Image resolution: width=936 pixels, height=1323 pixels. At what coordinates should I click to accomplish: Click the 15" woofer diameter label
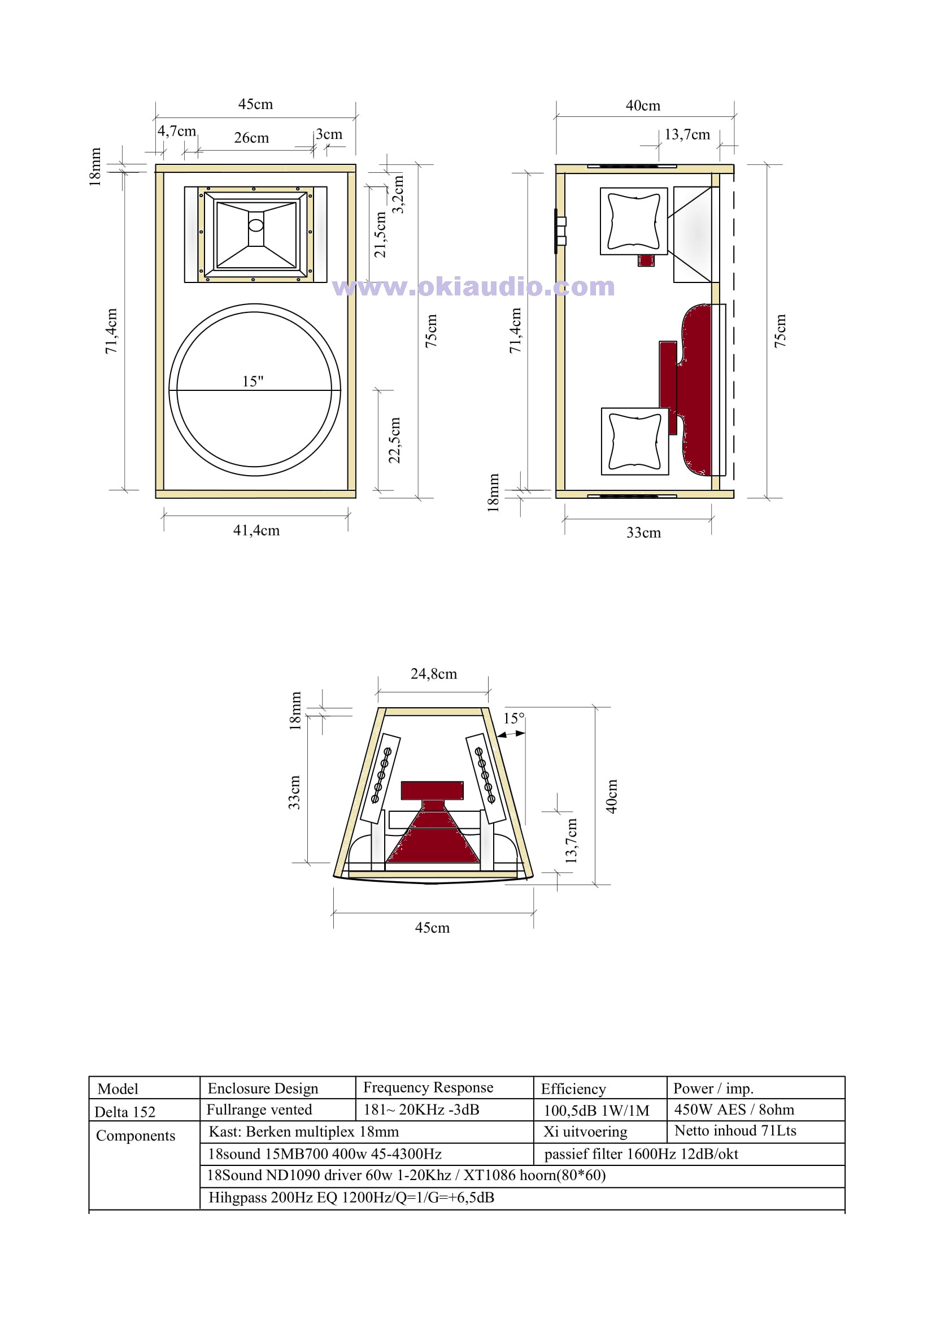click(252, 381)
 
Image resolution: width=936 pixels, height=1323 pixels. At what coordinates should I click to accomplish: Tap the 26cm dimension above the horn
click(251, 138)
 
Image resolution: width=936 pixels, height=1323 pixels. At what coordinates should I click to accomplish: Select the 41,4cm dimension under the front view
click(256, 530)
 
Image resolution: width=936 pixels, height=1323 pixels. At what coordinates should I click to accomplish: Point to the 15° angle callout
click(514, 718)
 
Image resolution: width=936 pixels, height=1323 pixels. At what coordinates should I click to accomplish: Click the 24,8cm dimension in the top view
click(433, 673)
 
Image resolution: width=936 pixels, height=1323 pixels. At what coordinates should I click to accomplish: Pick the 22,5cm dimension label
click(394, 440)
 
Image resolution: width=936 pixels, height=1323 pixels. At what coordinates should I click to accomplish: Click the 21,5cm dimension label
click(380, 234)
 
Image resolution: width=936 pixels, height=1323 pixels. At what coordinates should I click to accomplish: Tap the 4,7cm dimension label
click(177, 132)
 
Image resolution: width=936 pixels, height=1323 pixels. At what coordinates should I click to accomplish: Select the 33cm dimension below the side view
click(644, 533)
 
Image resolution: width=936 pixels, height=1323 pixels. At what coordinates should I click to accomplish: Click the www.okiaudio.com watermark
click(474, 286)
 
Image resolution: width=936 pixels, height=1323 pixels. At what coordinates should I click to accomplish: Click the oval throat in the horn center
click(256, 225)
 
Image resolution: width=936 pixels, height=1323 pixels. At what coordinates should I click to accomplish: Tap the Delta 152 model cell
click(125, 1112)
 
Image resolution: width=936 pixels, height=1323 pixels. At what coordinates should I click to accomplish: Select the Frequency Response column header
click(428, 1087)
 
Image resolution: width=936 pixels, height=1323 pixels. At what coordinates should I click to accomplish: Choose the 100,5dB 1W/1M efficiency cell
click(597, 1111)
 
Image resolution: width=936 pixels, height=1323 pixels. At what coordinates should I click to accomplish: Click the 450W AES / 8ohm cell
click(734, 1109)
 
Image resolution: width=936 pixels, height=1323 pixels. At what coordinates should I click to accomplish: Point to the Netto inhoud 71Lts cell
click(735, 1130)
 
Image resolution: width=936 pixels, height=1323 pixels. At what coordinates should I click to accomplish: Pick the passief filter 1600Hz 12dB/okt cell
click(642, 1154)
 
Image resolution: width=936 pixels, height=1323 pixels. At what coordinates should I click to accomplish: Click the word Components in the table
click(136, 1135)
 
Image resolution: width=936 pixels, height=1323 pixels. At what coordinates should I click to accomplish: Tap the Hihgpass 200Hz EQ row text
click(351, 1198)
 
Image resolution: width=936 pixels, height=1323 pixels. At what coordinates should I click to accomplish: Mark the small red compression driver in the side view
click(646, 260)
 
